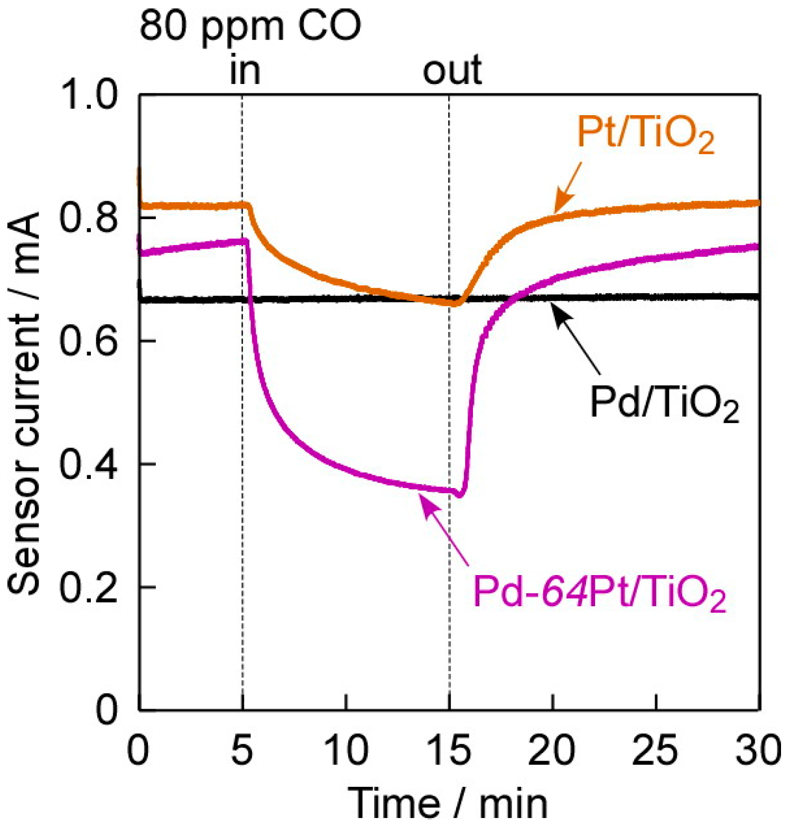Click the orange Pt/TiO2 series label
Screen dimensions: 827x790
pyautogui.click(x=645, y=134)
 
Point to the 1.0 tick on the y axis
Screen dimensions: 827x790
pyautogui.click(x=88, y=96)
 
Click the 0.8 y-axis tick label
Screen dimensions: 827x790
pyautogui.click(x=88, y=218)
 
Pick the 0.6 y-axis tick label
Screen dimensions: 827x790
pyautogui.click(x=88, y=341)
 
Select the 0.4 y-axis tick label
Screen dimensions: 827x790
pyautogui.click(x=88, y=464)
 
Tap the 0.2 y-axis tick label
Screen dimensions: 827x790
pyautogui.click(x=88, y=587)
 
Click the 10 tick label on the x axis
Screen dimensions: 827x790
pyautogui.click(x=346, y=750)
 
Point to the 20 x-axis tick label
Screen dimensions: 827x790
pyautogui.click(x=552, y=750)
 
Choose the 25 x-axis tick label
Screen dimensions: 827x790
pyautogui.click(x=655, y=750)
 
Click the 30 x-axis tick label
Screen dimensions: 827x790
pyautogui.click(x=759, y=750)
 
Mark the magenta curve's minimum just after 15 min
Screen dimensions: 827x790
pyautogui.click(x=460, y=495)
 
